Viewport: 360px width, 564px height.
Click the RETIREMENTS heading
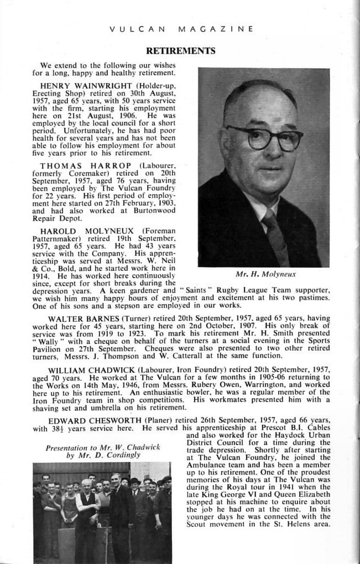click(x=180, y=51)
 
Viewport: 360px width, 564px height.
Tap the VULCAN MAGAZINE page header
click(x=182, y=29)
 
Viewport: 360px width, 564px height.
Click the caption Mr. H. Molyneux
click(x=265, y=274)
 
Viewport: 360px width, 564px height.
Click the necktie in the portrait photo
click(x=276, y=236)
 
